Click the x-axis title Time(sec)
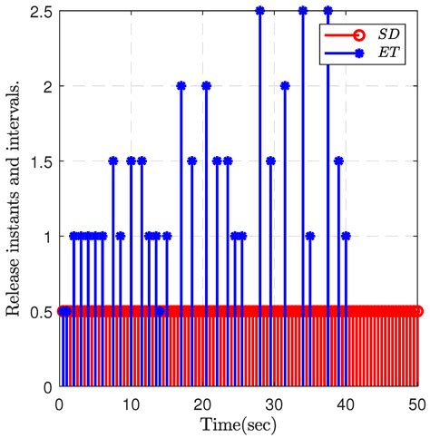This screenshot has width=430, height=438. (239, 424)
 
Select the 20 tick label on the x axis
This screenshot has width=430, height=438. (203, 404)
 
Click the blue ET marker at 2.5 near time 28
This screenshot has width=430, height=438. (260, 11)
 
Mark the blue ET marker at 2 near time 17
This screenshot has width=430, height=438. (181, 86)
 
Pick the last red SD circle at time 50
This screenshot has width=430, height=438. (419, 312)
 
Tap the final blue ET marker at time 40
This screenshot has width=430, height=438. (347, 237)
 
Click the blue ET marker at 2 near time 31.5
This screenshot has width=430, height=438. (285, 86)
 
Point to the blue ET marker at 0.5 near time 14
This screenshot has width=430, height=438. (160, 312)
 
